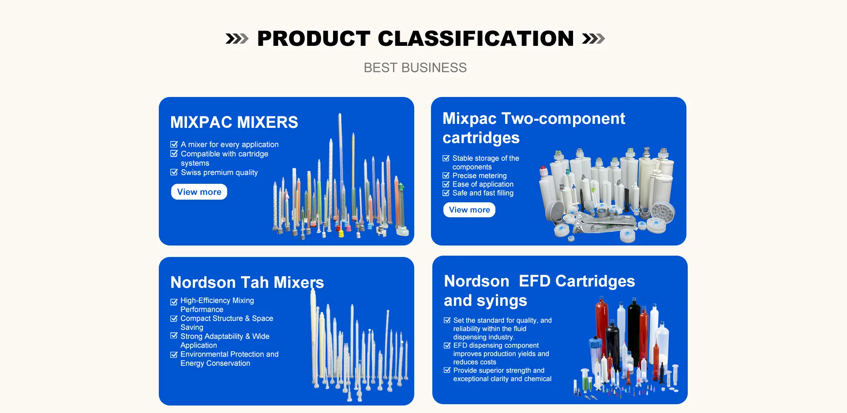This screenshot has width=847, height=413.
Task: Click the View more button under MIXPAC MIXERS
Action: click(199, 192)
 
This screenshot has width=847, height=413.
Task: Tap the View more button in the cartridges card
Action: click(469, 210)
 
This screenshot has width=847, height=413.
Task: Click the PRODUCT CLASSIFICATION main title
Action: click(416, 38)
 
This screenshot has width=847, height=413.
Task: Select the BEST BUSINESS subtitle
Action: click(415, 67)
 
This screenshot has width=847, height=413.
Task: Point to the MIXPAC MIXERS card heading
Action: click(234, 122)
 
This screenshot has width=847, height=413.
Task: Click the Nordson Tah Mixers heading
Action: click(247, 282)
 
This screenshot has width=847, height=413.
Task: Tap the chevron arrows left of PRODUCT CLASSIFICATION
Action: click(237, 39)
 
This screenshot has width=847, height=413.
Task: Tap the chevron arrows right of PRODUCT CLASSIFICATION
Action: click(593, 39)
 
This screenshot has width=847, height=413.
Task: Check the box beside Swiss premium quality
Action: click(174, 172)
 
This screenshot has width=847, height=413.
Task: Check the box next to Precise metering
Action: click(446, 175)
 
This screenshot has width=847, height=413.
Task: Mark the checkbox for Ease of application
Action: click(446, 184)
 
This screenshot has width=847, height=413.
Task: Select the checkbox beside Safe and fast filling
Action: click(446, 193)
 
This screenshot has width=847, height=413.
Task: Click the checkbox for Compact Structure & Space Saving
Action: click(174, 318)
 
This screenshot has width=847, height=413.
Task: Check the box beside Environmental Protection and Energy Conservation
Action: click(174, 354)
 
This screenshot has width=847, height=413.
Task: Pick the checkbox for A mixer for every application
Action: click(174, 144)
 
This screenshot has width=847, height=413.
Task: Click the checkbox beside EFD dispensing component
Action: click(447, 346)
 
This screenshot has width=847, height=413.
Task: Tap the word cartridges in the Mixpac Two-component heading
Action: click(481, 138)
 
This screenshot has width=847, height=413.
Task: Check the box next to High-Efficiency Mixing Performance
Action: click(174, 302)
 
